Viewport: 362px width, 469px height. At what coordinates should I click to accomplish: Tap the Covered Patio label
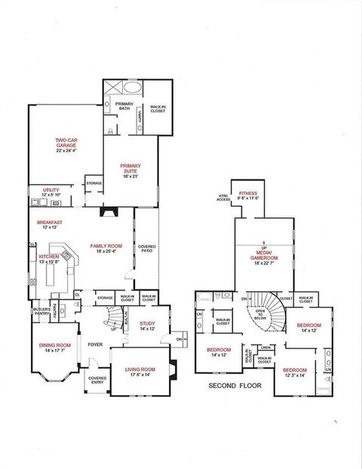tap(146, 250)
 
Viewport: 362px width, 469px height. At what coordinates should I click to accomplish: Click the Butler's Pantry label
tap(41, 311)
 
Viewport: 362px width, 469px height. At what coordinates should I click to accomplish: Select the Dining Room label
tap(54, 347)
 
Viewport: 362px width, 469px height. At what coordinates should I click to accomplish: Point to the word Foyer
tap(95, 345)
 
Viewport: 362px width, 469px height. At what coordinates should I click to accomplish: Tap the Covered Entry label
tap(97, 379)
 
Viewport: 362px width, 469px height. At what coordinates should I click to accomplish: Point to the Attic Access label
tap(223, 198)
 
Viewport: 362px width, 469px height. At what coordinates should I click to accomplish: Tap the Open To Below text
tap(261, 314)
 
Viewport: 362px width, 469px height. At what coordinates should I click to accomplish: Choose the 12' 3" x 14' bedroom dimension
tap(294, 375)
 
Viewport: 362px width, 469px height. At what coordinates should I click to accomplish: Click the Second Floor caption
tap(233, 385)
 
